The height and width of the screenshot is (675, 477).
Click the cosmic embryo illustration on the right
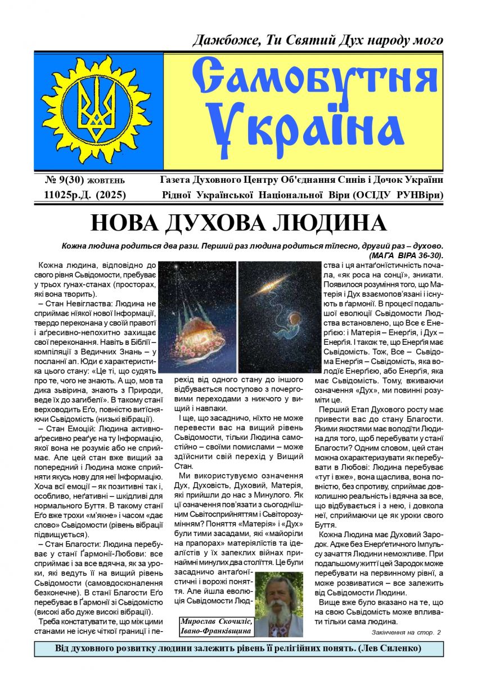(x=278, y=315)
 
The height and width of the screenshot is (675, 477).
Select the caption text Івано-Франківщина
(x=215, y=631)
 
